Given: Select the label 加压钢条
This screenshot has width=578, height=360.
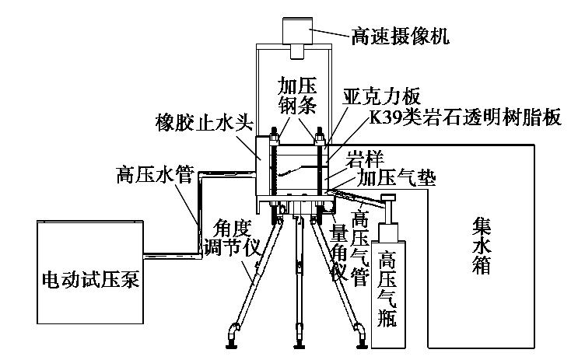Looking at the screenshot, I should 297,93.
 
